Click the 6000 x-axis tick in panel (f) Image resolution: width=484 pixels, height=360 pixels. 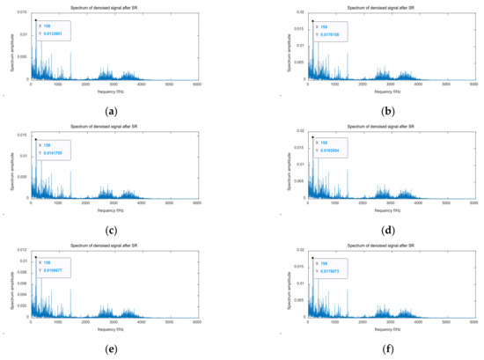tap(473, 324)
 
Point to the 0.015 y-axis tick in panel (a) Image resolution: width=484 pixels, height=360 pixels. tap(25, 11)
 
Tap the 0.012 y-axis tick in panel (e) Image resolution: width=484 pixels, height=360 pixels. tap(25, 252)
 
